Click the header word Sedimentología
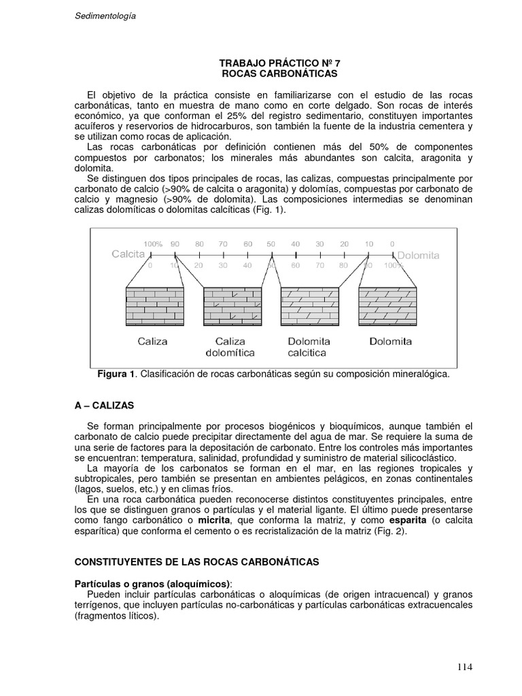pyautogui.click(x=105, y=17)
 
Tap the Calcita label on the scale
pyautogui.click(x=128, y=254)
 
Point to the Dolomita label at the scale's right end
pyautogui.click(x=419, y=256)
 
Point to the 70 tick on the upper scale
pyautogui.click(x=224, y=243)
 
